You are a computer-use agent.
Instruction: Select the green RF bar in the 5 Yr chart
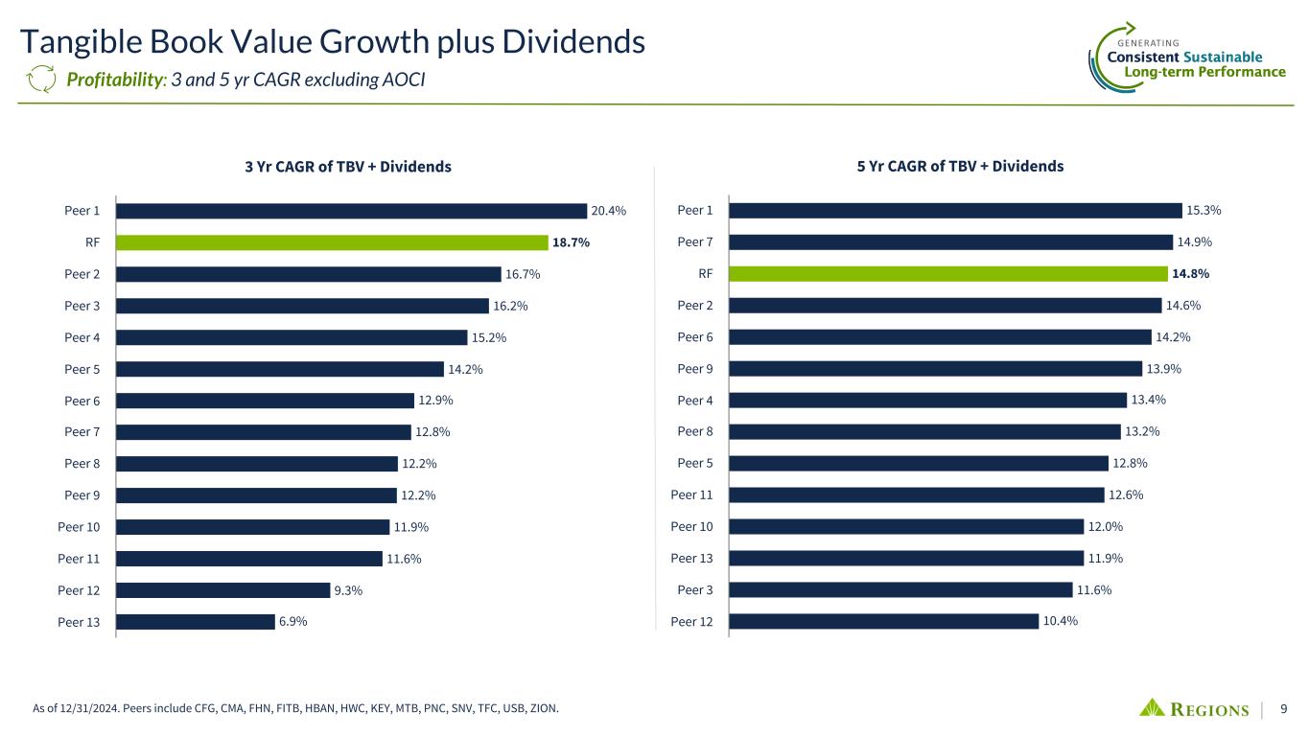[x=947, y=273]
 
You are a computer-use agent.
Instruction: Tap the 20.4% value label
[x=609, y=211]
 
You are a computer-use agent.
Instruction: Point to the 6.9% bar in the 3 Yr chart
[x=195, y=622]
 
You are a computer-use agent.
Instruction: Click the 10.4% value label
[x=1061, y=621]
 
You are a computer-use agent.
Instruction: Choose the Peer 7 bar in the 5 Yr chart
[x=949, y=241]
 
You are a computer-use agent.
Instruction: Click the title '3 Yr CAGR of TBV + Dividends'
[x=348, y=167]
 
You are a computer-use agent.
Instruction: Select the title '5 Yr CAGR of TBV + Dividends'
[x=960, y=166]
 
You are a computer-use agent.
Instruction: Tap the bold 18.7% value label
[x=570, y=242]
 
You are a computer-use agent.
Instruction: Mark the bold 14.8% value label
[x=1190, y=273]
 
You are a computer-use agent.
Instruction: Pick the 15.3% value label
[x=1204, y=210]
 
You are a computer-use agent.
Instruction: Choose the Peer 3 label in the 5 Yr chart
[x=695, y=589]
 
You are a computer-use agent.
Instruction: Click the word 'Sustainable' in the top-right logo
[x=1222, y=57]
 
